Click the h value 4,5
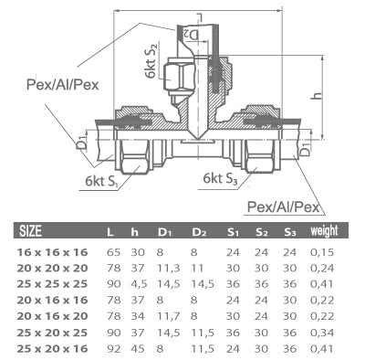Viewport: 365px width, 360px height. (138, 283)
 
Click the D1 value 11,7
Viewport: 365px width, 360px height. (168, 315)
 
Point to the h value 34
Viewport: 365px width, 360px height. (138, 315)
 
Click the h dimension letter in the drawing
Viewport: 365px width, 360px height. (339, 95)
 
